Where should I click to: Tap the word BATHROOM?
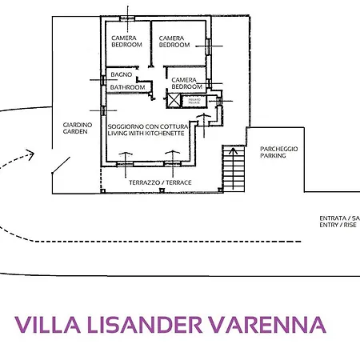(128, 86)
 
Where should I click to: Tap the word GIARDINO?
(78, 126)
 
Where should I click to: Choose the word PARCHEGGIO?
(278, 148)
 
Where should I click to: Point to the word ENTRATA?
(333, 218)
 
